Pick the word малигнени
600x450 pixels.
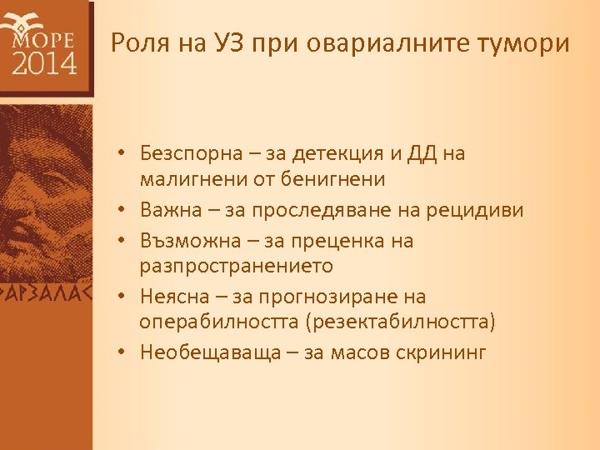click(x=188, y=178)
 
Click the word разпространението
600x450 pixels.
click(x=237, y=266)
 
